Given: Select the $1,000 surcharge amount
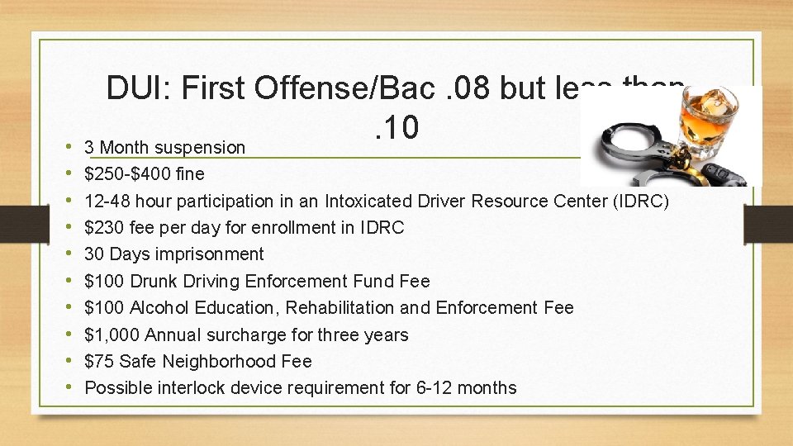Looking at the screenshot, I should tap(112, 334).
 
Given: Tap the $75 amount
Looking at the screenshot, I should tap(99, 362).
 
